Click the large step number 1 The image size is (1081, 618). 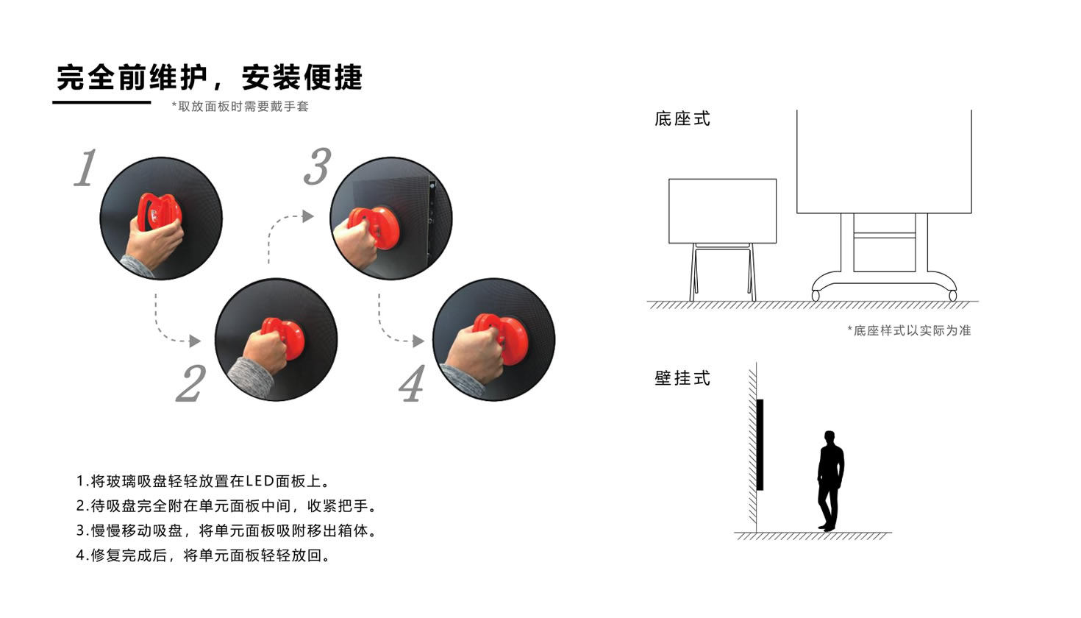(86, 167)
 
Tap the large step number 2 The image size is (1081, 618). (191, 383)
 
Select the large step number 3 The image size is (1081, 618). (318, 166)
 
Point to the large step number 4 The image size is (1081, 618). (412, 383)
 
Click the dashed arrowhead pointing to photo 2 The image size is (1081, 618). (195, 341)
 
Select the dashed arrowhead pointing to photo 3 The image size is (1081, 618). (308, 216)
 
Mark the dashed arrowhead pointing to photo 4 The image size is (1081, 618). (418, 341)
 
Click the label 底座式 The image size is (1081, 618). (682, 118)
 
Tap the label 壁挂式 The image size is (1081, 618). (682, 377)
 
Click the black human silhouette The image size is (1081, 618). (830, 481)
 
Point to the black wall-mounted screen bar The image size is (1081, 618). (760, 444)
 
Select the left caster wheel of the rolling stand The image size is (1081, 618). (816, 296)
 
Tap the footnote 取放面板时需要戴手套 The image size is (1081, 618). (240, 106)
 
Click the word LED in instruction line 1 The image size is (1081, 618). (260, 481)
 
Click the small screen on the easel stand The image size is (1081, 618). (722, 211)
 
